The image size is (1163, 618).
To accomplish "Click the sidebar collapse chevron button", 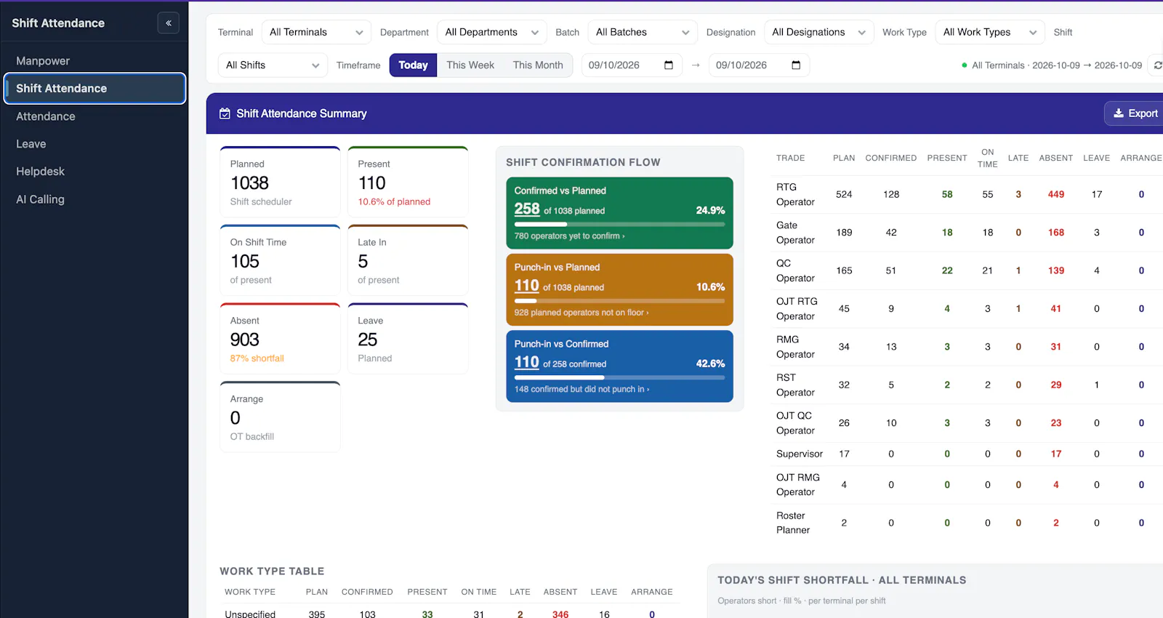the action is pyautogui.click(x=168, y=23).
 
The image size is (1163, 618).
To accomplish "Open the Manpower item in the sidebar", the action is pyautogui.click(x=43, y=61).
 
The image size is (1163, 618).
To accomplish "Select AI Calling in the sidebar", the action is pyautogui.click(x=40, y=199).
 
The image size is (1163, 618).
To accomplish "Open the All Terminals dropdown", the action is pyautogui.click(x=316, y=32).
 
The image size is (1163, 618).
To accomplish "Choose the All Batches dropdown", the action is pyautogui.click(x=643, y=32).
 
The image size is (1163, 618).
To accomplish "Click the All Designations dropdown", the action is pyautogui.click(x=818, y=32).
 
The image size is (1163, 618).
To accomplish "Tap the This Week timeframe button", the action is pyautogui.click(x=470, y=65).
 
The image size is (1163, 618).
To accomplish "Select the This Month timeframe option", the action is pyautogui.click(x=538, y=65).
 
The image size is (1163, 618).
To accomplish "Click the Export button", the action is pyautogui.click(x=1135, y=113).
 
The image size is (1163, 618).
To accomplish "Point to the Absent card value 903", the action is pyautogui.click(x=244, y=339).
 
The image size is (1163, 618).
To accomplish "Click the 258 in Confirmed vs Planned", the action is pyautogui.click(x=527, y=209).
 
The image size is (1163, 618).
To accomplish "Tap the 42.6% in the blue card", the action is pyautogui.click(x=710, y=364).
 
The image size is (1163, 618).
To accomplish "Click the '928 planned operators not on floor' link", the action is pyautogui.click(x=581, y=313).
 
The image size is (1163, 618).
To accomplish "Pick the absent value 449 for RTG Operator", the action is pyautogui.click(x=1055, y=194).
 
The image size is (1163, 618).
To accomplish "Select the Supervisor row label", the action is pyautogui.click(x=799, y=454).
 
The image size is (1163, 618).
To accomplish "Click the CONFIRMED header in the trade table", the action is pyautogui.click(x=891, y=158).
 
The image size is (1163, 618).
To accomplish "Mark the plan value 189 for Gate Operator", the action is pyautogui.click(x=844, y=232).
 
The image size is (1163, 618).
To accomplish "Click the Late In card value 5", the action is pyautogui.click(x=363, y=261).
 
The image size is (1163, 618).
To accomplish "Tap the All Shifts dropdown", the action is pyautogui.click(x=273, y=65).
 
